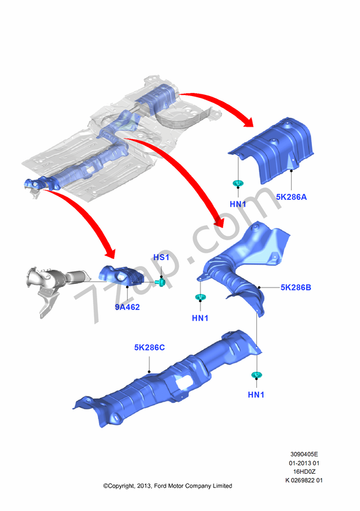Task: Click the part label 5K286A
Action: click(x=292, y=196)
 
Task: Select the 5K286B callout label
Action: click(x=296, y=288)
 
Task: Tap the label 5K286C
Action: click(x=149, y=347)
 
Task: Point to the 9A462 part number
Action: click(x=127, y=307)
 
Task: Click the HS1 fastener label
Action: click(x=161, y=258)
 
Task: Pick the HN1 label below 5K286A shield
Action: click(x=238, y=204)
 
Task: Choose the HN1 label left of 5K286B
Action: click(x=200, y=318)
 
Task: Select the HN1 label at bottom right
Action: click(x=256, y=395)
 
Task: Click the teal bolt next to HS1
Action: click(x=161, y=282)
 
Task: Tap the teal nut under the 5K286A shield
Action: click(x=238, y=183)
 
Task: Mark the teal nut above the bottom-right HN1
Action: click(x=256, y=375)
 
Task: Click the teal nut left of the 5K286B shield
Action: click(x=199, y=297)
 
